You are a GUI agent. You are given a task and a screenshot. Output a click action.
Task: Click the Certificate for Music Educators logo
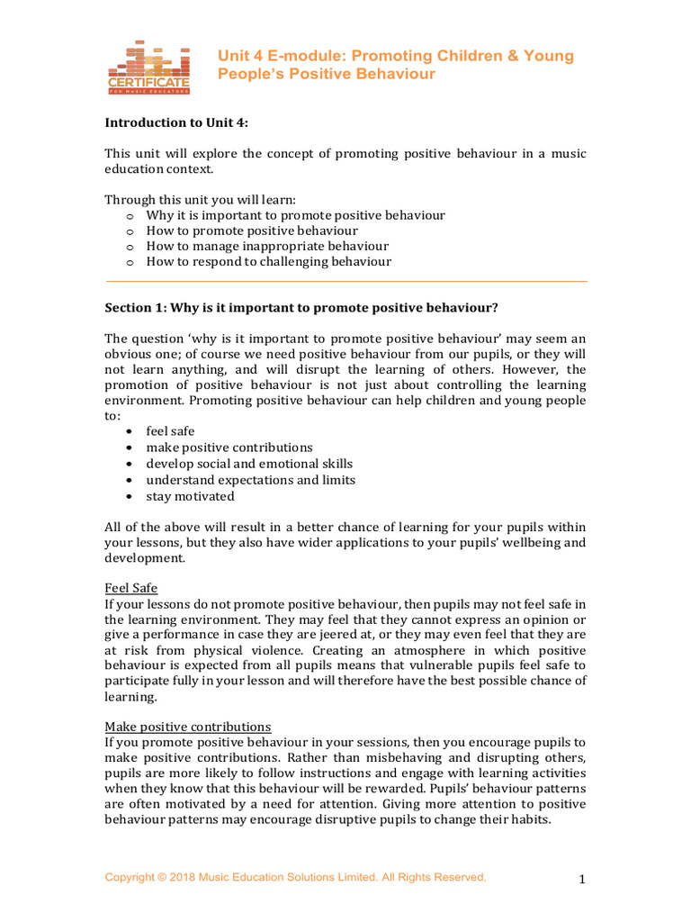pyautogui.click(x=148, y=68)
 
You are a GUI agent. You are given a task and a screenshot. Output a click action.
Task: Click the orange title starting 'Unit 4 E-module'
pyautogui.click(x=395, y=65)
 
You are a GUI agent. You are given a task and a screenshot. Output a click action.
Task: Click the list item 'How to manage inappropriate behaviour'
pyautogui.click(x=267, y=246)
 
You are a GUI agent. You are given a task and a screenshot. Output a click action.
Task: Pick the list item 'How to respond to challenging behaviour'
pyautogui.click(x=269, y=262)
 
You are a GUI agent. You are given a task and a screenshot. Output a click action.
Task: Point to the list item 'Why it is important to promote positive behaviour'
pyautogui.click(x=295, y=215)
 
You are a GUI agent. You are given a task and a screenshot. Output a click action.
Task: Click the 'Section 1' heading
pyautogui.click(x=301, y=307)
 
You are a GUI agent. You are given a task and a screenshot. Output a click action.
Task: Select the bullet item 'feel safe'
pyautogui.click(x=170, y=431)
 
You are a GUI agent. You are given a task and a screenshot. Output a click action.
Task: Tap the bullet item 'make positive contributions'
pyautogui.click(x=229, y=447)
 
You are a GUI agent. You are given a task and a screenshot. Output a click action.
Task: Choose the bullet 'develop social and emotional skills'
pyautogui.click(x=249, y=464)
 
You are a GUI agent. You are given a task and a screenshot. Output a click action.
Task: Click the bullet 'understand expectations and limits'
pyautogui.click(x=250, y=480)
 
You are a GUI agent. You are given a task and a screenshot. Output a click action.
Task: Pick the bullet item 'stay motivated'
pyautogui.click(x=190, y=496)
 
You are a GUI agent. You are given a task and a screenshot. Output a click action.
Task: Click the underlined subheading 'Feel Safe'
pyautogui.click(x=131, y=588)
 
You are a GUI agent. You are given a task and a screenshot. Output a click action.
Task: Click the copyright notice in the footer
pyautogui.click(x=295, y=877)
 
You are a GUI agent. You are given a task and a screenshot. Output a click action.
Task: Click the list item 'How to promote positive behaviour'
pyautogui.click(x=252, y=230)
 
